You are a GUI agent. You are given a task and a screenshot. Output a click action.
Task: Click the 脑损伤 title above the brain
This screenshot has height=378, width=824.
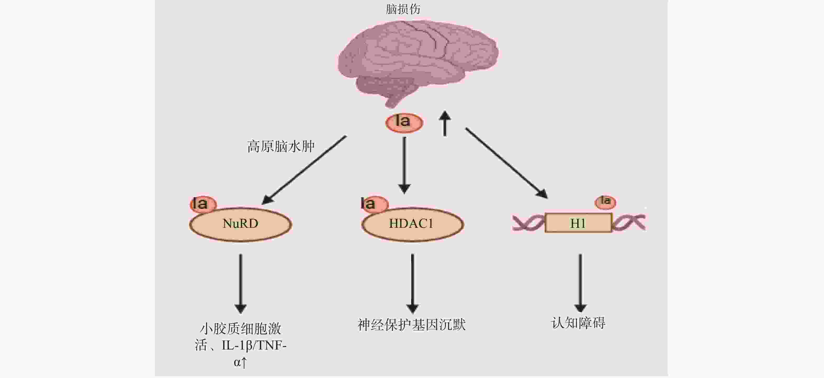(403, 9)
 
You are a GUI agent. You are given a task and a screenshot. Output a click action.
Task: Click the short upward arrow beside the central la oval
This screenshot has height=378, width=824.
(445, 123)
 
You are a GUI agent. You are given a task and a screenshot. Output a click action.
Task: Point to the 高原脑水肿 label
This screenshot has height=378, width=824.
(281, 147)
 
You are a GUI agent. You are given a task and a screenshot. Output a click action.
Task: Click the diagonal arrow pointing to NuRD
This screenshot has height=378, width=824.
(304, 170)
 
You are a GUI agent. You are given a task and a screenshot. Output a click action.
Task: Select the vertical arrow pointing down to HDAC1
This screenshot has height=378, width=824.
(404, 165)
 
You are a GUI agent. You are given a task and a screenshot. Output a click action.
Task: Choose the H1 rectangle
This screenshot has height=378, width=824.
(578, 223)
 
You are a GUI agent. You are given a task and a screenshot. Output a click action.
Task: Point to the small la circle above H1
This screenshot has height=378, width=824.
(605, 202)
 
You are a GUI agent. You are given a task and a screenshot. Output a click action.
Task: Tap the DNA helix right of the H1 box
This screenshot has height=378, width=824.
(629, 223)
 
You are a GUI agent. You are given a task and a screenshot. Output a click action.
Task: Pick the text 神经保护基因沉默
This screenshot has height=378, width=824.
(412, 325)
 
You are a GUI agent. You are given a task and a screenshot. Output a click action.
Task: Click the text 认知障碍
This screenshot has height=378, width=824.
(578, 323)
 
